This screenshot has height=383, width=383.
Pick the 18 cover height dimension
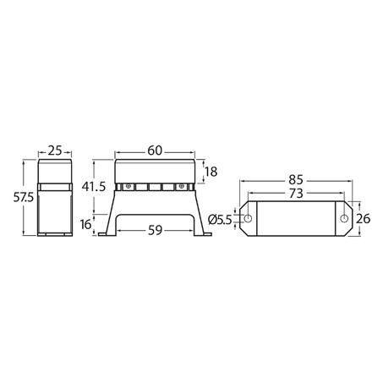tap(212, 172)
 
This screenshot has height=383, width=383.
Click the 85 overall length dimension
tap(296, 179)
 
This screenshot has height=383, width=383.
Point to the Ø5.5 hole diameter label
tap(222, 220)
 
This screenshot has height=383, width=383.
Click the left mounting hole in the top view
tap(249, 220)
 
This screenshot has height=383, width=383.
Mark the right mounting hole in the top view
tap(344, 220)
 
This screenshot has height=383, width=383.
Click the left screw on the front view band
tap(129, 186)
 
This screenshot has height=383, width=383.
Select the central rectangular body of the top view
tap(296, 220)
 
